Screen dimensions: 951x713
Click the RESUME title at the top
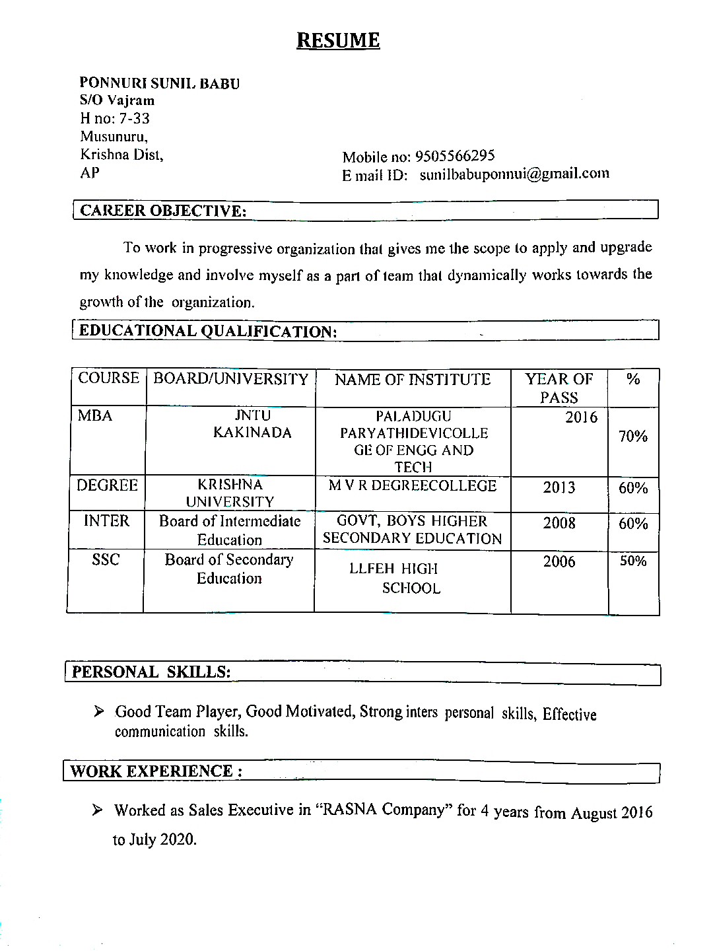(x=338, y=40)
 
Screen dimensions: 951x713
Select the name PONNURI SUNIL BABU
(x=160, y=83)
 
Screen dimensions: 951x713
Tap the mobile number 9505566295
(x=454, y=156)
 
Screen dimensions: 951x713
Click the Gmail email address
(x=514, y=174)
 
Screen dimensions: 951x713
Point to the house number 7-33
(x=134, y=119)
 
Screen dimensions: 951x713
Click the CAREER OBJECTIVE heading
(x=163, y=211)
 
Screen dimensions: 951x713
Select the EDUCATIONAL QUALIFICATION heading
(x=208, y=331)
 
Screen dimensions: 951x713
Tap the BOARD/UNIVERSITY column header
(x=231, y=379)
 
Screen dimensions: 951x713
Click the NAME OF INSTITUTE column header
(x=413, y=380)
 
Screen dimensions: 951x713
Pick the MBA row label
(x=95, y=416)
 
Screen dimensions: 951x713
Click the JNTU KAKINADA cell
(x=252, y=424)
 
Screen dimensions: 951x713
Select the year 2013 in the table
(x=559, y=488)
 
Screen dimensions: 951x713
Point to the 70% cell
(x=633, y=437)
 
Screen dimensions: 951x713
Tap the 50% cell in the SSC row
(x=633, y=561)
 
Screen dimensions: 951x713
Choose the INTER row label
(x=107, y=521)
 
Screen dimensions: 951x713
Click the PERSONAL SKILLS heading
(x=151, y=672)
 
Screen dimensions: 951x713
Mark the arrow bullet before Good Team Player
(x=99, y=711)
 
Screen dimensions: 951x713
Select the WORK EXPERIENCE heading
(x=156, y=771)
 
